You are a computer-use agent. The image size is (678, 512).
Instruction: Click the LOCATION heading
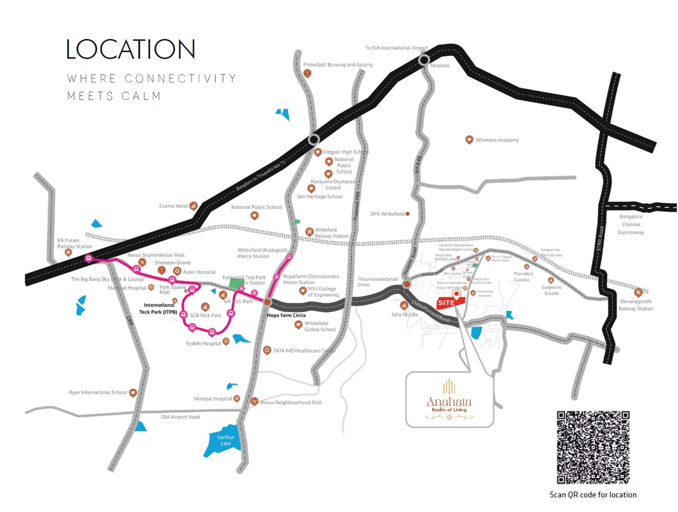click(x=131, y=50)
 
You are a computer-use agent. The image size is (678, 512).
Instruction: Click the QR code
click(x=593, y=447)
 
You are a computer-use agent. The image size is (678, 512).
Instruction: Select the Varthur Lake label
click(x=226, y=440)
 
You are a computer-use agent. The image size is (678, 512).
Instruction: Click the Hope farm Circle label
click(x=286, y=315)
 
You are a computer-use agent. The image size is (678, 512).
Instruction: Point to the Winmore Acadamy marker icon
click(x=469, y=140)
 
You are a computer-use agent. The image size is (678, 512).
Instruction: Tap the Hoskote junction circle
click(x=424, y=60)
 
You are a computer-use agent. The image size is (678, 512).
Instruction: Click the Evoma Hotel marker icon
click(x=194, y=206)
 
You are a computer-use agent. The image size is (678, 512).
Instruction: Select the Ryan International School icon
click(x=133, y=392)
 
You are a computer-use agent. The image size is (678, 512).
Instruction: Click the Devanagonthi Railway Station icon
click(x=638, y=292)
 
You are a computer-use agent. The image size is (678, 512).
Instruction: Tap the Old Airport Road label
click(x=181, y=417)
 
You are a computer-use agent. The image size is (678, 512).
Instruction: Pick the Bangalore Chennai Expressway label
click(x=631, y=224)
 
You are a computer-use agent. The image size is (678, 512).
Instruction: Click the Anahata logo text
click(x=449, y=402)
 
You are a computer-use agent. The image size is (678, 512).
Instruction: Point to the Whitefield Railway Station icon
click(x=309, y=231)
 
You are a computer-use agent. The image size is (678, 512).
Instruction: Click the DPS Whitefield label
click(x=387, y=214)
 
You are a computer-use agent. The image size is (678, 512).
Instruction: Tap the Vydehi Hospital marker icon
click(x=226, y=341)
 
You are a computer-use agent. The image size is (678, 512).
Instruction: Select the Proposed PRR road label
click(x=357, y=206)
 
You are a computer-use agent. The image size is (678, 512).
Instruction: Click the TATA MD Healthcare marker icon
click(x=267, y=350)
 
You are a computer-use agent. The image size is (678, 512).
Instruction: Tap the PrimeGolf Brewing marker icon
click(x=307, y=73)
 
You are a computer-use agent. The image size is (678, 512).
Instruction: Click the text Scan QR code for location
click(x=593, y=495)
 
